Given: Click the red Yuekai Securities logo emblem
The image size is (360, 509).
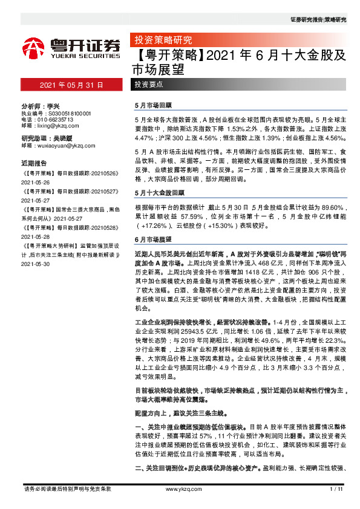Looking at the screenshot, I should [33, 47].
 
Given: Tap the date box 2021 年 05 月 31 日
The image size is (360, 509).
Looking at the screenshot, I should [72, 85].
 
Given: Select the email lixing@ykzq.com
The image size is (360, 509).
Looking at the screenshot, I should [55, 126].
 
